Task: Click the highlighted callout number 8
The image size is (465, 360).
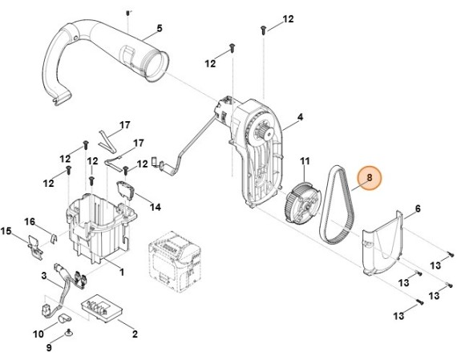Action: pos(370,177)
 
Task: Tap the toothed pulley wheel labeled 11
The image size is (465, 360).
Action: pos(301,202)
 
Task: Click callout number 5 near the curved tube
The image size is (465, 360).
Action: pos(160,29)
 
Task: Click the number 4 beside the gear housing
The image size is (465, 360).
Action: pos(300,117)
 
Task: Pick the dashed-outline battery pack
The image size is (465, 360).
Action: pos(175,261)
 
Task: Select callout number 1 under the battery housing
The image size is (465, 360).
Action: pos(122,272)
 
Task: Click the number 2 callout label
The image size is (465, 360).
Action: pos(135,334)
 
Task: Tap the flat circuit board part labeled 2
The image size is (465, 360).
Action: pos(102,308)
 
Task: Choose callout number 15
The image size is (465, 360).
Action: pos(6,231)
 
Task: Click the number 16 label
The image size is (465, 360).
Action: pos(30,221)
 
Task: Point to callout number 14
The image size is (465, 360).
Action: pos(155,207)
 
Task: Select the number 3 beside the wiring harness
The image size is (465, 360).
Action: pos(44,276)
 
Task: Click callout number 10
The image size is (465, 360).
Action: pos(38,334)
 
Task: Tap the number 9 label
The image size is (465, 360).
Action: pos(49,347)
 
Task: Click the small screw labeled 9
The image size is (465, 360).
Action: pos(69,333)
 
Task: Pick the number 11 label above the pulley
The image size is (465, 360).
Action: pos(305,161)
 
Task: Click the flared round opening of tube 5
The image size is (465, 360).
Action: pos(156,67)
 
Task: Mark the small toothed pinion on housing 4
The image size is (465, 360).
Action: pos(265,131)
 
